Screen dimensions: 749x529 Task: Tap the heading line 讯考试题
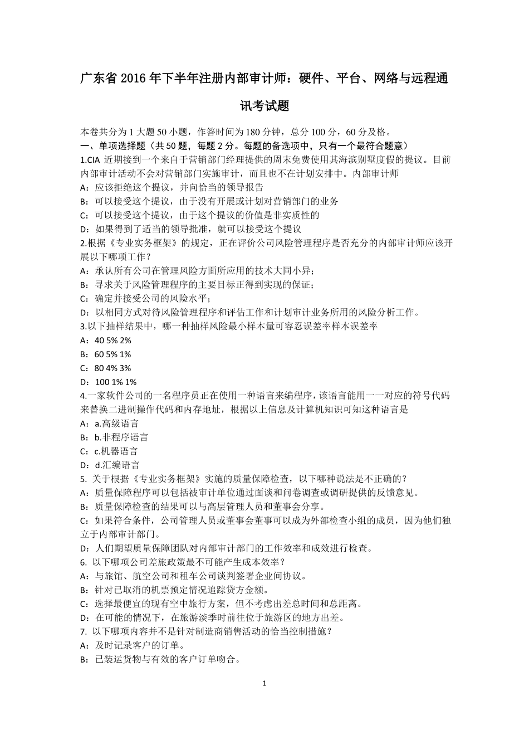[x=264, y=105]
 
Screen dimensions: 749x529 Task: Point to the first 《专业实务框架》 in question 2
[x=141, y=243]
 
